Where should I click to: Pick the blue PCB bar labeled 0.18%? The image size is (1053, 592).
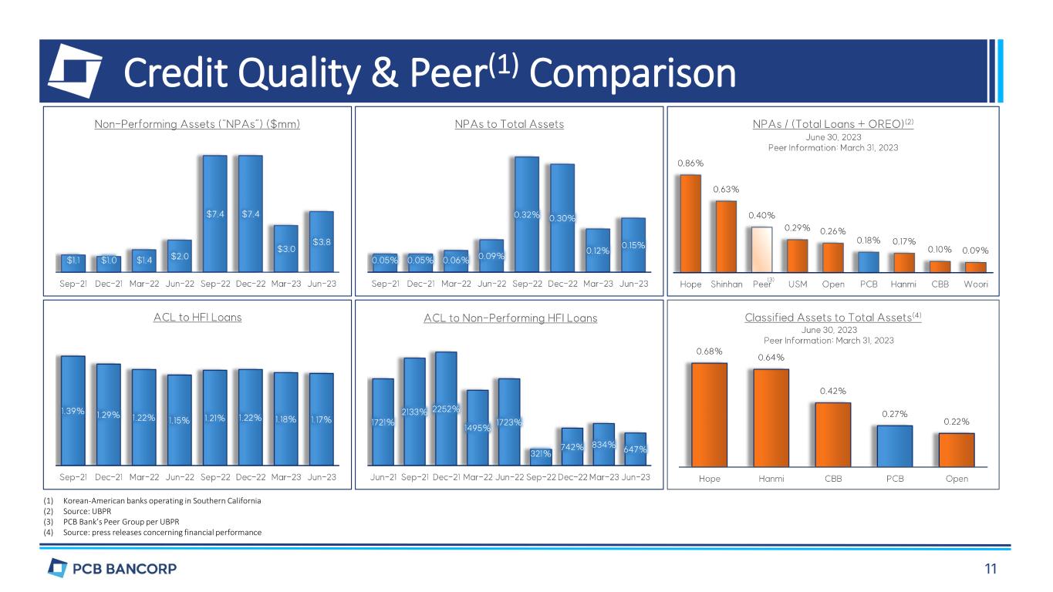[x=869, y=262]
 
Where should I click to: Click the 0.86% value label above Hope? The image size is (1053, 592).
[x=690, y=163]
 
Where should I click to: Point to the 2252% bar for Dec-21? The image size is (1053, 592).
[x=446, y=409]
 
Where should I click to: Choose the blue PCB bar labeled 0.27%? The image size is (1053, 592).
[x=894, y=446]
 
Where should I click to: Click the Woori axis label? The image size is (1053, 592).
[x=975, y=284]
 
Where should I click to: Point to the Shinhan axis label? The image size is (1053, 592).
[x=726, y=284]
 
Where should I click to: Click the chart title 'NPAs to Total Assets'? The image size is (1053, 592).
[x=508, y=124]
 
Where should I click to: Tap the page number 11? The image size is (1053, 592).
[x=990, y=570]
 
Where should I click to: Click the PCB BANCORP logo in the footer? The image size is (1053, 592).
[x=113, y=570]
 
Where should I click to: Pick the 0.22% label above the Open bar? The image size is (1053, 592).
[x=956, y=422]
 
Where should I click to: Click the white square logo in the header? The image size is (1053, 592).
[x=75, y=70]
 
